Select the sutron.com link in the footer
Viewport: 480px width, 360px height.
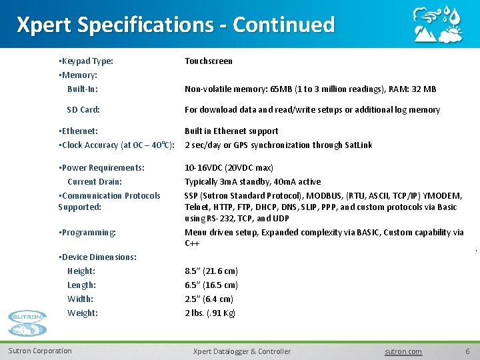404,351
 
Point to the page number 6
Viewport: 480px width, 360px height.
467,351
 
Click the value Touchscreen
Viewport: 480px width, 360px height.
209,61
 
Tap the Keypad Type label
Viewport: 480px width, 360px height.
86,61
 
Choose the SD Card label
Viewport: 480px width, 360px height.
83,109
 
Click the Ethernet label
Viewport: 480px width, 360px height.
79,131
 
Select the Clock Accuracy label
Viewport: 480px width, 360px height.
117,145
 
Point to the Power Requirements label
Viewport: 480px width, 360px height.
102,168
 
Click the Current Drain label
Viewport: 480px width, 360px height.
95,182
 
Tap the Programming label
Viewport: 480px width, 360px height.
87,233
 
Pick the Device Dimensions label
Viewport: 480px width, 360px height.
98,257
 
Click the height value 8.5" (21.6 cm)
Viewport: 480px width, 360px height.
211,271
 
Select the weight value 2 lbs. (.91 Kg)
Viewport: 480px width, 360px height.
210,313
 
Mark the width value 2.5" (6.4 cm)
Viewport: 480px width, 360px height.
209,299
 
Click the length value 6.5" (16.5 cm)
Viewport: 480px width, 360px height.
211,285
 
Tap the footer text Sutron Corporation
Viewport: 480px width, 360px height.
40,351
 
